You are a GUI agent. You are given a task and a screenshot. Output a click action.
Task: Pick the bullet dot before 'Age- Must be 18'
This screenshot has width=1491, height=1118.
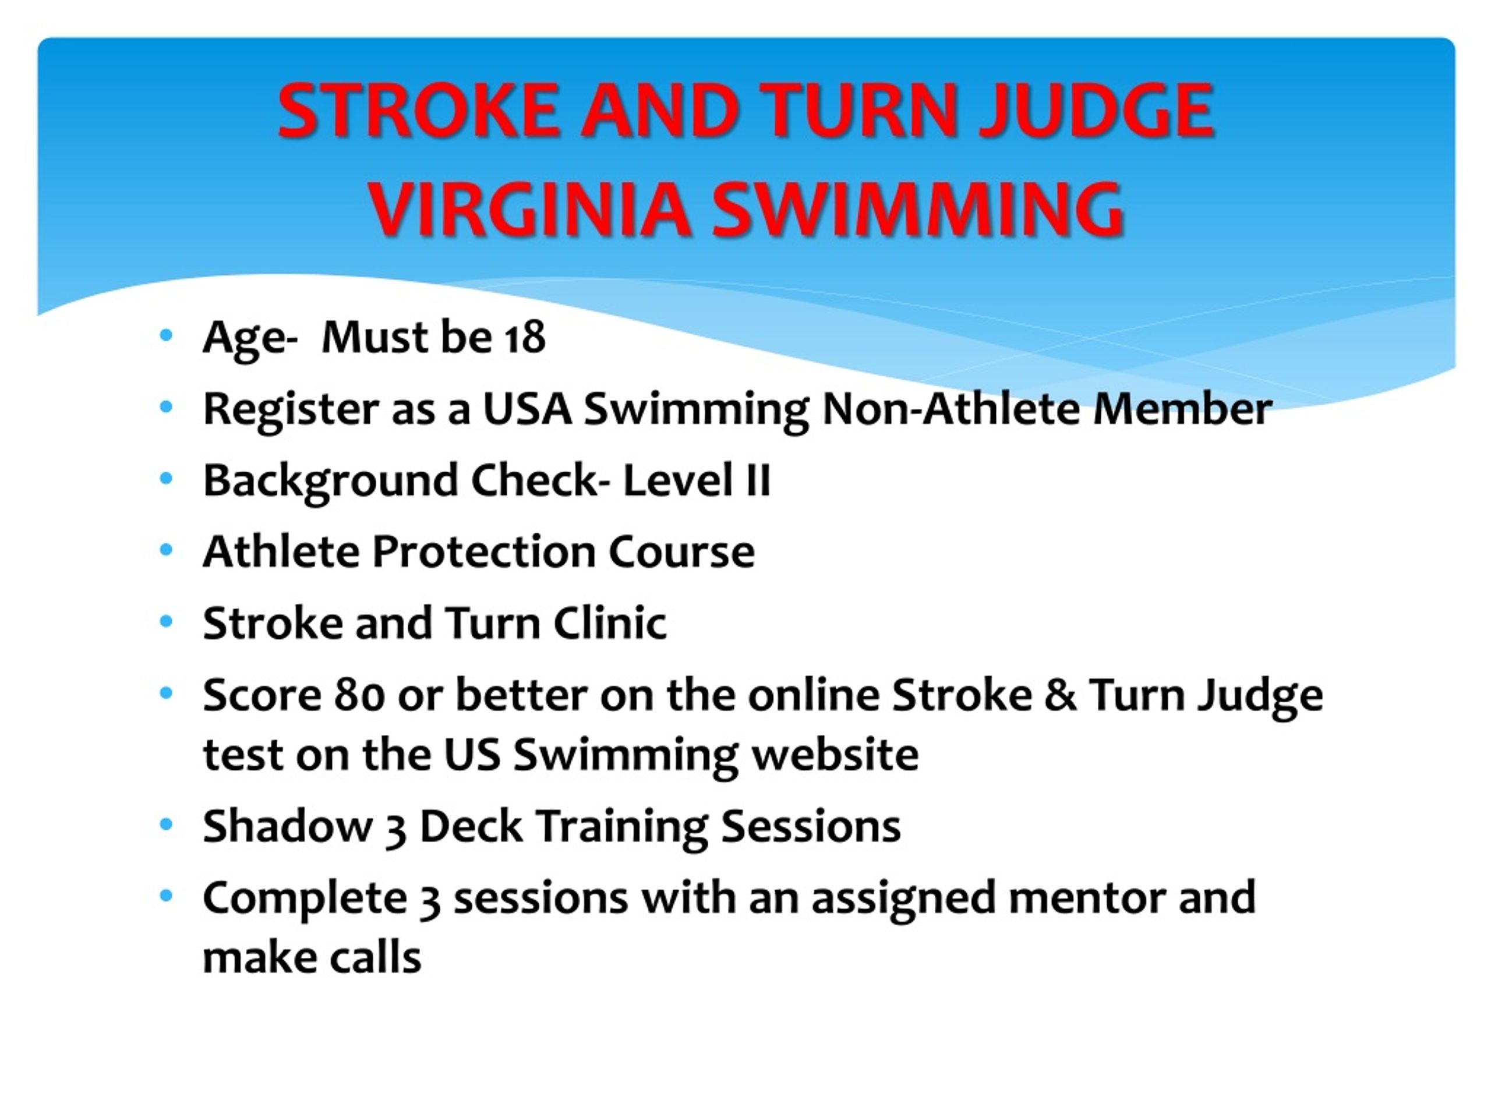click(x=166, y=335)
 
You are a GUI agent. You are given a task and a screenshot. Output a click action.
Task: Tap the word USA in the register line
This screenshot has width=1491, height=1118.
click(x=527, y=409)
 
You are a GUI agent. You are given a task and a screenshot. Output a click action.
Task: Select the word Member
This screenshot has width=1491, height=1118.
click(x=1182, y=409)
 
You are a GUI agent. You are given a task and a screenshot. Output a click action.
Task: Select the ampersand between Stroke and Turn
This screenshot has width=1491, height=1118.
click(x=1061, y=695)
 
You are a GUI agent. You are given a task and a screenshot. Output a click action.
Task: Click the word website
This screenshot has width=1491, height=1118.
click(x=836, y=754)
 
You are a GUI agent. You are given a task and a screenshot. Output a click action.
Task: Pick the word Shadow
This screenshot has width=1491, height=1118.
click(x=288, y=827)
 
